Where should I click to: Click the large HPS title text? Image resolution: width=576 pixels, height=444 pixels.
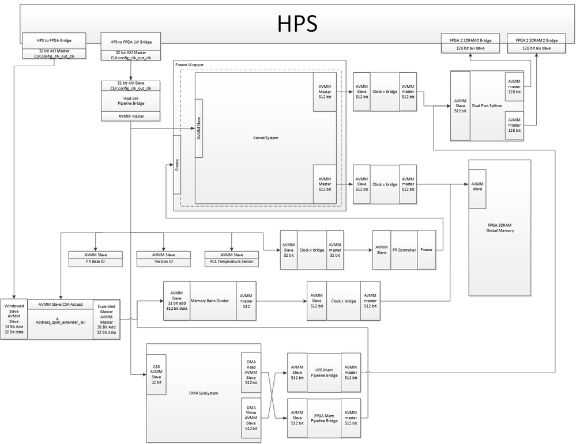tap(298, 23)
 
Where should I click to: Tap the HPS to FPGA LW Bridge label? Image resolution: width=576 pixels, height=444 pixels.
tap(131, 41)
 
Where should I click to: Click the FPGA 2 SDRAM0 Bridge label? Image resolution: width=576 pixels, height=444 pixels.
tap(470, 40)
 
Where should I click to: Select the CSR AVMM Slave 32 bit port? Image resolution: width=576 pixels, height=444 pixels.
tap(156, 374)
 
